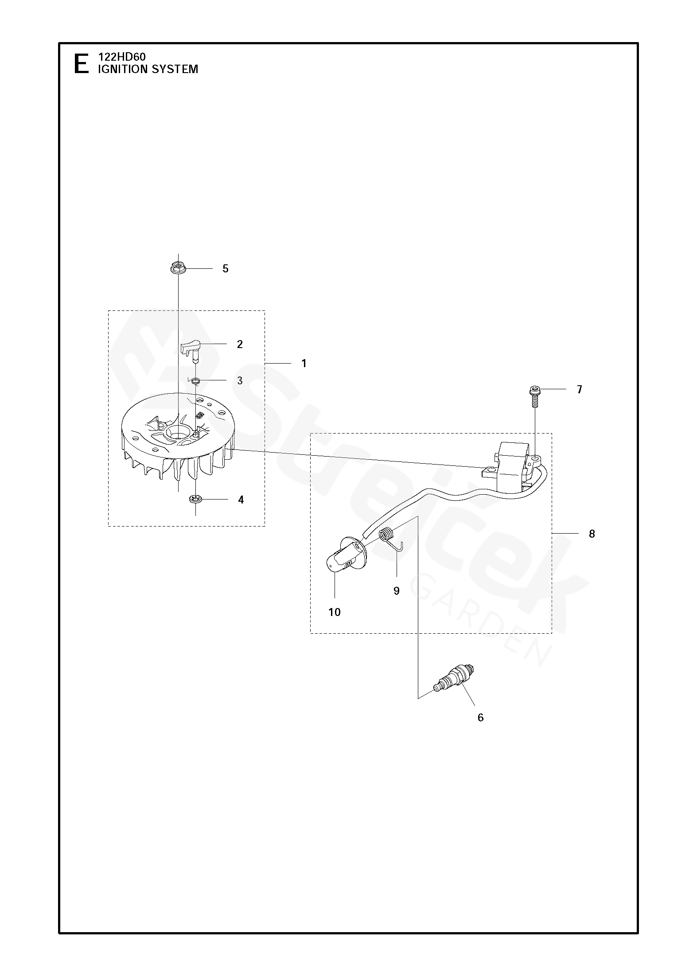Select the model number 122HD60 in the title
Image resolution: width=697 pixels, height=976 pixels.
(x=121, y=57)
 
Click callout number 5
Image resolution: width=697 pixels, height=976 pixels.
(x=225, y=269)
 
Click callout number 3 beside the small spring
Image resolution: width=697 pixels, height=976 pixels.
(x=240, y=381)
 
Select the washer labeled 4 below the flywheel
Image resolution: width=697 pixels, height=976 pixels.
(x=195, y=500)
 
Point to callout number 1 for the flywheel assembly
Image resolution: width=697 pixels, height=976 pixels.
(x=304, y=364)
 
